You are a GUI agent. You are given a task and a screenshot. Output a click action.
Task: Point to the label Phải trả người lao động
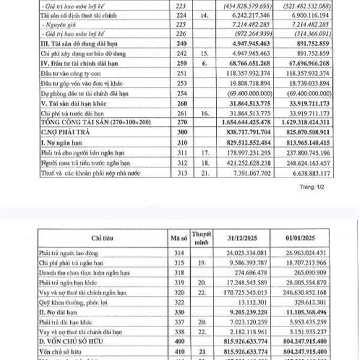pyautogui.click(x=68, y=254)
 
